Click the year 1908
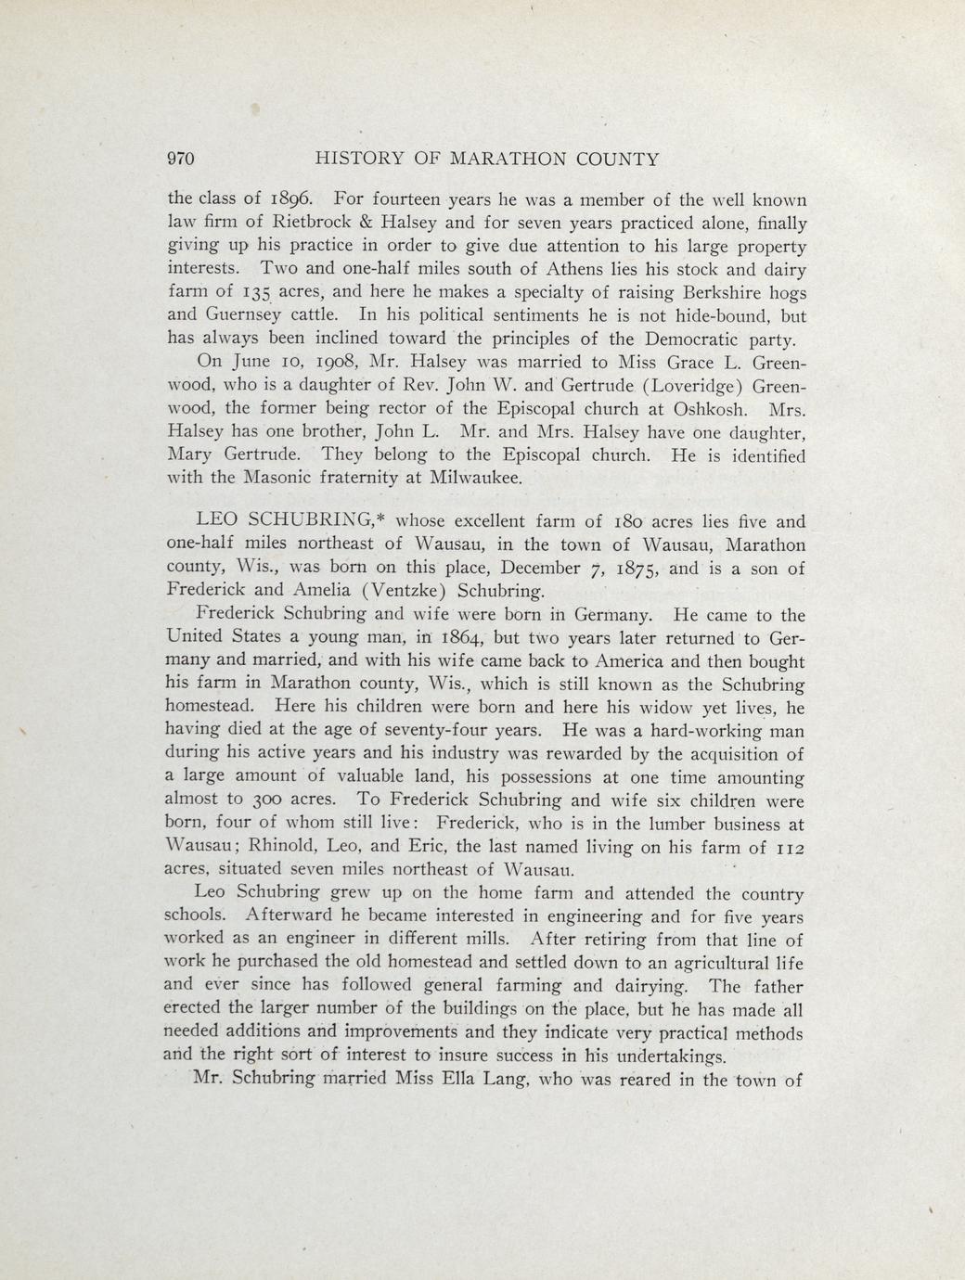328,362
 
